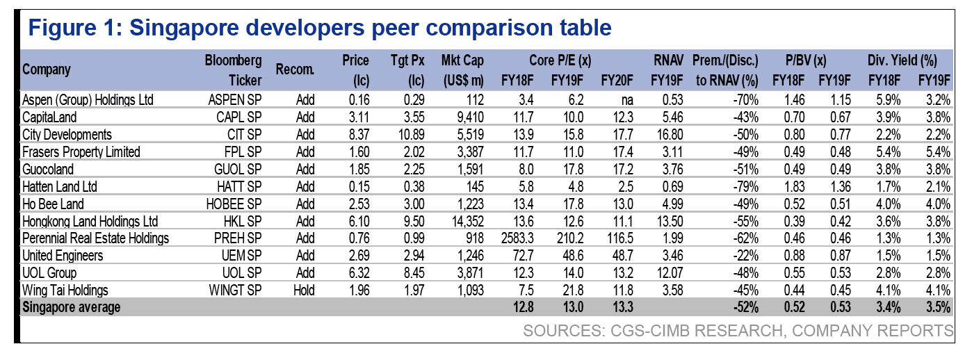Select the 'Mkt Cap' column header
click(462, 60)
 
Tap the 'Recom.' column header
click(295, 69)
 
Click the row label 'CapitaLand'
click(49, 117)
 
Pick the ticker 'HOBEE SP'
click(234, 204)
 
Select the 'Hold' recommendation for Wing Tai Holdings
click(304, 291)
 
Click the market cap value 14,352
click(468, 221)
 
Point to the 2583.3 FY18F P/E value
click(517, 238)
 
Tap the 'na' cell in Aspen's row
click(627, 100)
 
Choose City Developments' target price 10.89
click(412, 134)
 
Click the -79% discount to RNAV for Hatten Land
click(746, 186)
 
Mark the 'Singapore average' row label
click(71, 307)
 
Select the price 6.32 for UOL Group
click(359, 273)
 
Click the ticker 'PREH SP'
click(238, 238)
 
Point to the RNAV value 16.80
click(670, 134)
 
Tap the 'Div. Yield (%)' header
click(902, 60)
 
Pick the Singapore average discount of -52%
click(746, 307)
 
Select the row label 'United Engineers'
click(63, 256)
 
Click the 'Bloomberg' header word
click(234, 60)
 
